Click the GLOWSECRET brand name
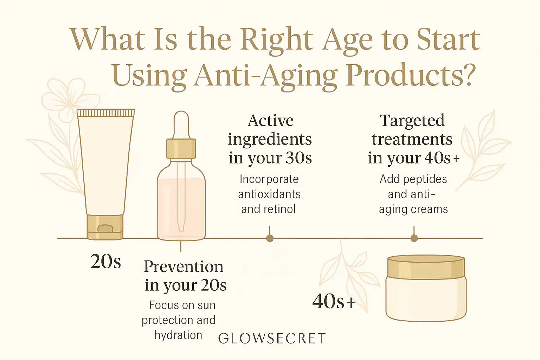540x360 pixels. [272, 338]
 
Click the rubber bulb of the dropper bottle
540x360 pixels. [181, 124]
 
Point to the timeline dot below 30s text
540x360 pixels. [270, 238]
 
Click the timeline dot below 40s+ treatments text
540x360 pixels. [414, 238]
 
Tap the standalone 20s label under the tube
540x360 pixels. [105, 262]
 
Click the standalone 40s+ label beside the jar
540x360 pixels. [334, 302]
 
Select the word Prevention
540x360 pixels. [184, 266]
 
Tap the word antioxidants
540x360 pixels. [269, 194]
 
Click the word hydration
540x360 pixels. [178, 335]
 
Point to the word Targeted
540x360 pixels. [412, 121]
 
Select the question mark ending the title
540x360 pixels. [468, 75]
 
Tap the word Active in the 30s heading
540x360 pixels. [270, 121]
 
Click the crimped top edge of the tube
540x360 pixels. [105, 112]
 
